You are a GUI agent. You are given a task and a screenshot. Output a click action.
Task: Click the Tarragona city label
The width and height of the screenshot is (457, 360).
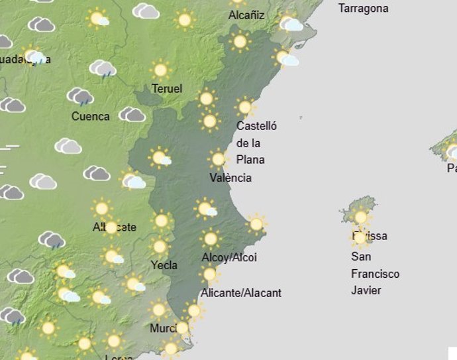coord(363,9)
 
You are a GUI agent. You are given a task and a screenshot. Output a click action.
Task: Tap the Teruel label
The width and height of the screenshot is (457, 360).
coord(166,89)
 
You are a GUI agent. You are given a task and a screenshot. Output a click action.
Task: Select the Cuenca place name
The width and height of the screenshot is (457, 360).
coord(90,117)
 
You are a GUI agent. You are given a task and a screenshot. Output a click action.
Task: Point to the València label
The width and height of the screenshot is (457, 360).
coord(230,178)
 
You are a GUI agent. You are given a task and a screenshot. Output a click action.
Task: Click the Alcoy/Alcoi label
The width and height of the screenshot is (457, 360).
coord(228,257)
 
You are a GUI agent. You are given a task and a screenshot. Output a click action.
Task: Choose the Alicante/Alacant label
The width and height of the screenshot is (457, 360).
coord(241,292)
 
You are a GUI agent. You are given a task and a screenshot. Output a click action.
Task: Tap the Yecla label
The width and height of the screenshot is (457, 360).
coord(164,265)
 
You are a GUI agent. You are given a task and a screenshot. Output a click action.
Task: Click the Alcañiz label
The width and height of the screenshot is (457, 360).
coord(246,15)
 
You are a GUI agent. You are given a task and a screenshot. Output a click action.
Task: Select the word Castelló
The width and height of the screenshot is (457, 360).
coord(256,126)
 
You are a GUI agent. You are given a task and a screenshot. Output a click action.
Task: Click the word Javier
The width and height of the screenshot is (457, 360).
coord(366,290)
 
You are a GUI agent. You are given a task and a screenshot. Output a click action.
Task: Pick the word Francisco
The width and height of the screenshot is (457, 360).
coord(376,274)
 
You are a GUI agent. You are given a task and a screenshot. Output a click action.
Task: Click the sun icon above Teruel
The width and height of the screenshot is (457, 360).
coord(160,70)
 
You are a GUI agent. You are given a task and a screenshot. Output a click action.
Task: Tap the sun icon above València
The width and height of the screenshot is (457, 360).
coord(218,159)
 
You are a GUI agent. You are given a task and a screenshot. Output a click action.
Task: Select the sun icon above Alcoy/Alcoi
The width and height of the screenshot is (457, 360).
coord(211,238)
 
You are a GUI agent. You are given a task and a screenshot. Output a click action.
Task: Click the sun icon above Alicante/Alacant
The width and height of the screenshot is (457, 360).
coord(209,274)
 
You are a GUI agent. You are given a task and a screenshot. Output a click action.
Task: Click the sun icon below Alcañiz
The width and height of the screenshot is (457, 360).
coord(240,42)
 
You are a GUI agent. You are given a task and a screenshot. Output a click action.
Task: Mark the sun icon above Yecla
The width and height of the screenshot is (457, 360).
coord(159,247)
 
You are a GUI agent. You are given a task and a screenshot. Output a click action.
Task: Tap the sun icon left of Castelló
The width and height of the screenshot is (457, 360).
coord(210,121)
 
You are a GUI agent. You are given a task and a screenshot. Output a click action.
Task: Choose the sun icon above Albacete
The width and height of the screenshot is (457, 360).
coord(101,209)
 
